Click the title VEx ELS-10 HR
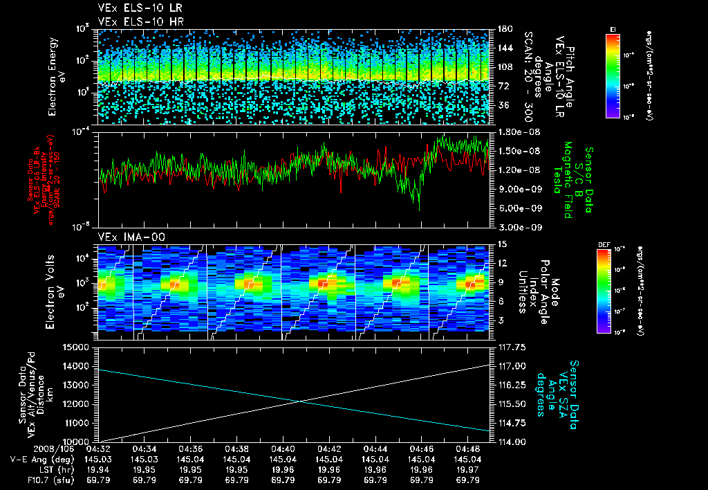click(134, 21)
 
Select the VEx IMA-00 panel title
click(127, 237)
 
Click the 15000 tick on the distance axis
click(80, 347)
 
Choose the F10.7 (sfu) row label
click(35, 479)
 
